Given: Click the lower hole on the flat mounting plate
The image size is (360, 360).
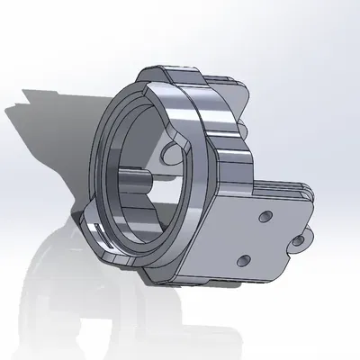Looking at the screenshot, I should click(x=241, y=259).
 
